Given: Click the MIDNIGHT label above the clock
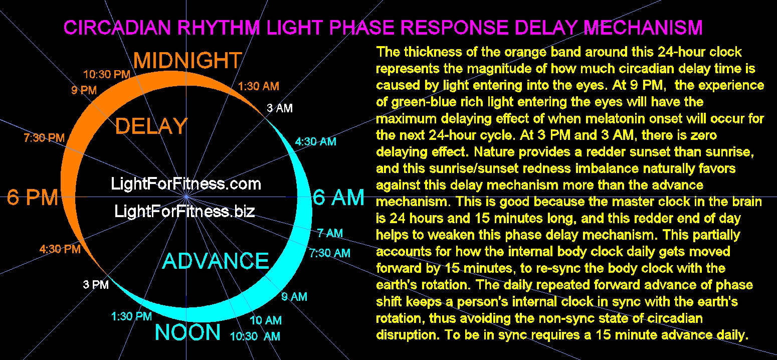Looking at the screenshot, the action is (187, 60).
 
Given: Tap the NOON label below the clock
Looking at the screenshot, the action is (187, 332).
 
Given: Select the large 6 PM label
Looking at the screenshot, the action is (33, 198).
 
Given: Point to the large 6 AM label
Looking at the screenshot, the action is (338, 198).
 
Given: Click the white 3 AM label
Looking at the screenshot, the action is (280, 108).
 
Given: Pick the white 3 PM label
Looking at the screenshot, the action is (96, 285).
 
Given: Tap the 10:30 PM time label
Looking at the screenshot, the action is (106, 74).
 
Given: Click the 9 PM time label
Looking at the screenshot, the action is (84, 90).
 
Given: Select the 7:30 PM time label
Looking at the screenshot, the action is (44, 138).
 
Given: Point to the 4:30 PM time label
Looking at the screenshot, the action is (60, 249).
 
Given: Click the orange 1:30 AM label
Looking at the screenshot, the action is (259, 86).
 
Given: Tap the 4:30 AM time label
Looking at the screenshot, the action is (316, 141).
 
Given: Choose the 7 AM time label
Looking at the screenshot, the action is (330, 233).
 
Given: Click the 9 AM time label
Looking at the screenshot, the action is (294, 296).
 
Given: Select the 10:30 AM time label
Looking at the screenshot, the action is (255, 336).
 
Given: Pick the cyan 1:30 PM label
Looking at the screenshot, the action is (131, 316).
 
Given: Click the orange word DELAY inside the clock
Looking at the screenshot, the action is (151, 126).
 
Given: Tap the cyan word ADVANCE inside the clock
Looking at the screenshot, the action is (216, 261).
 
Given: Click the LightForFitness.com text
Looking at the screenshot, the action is (186, 184).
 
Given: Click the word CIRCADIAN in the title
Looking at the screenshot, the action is (117, 28).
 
